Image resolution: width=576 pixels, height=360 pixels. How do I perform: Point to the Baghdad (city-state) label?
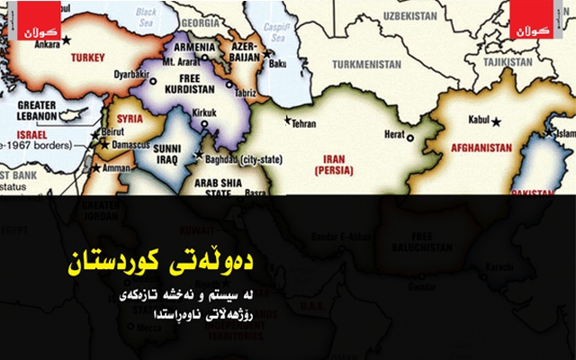pyautogui.click(x=240, y=158)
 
